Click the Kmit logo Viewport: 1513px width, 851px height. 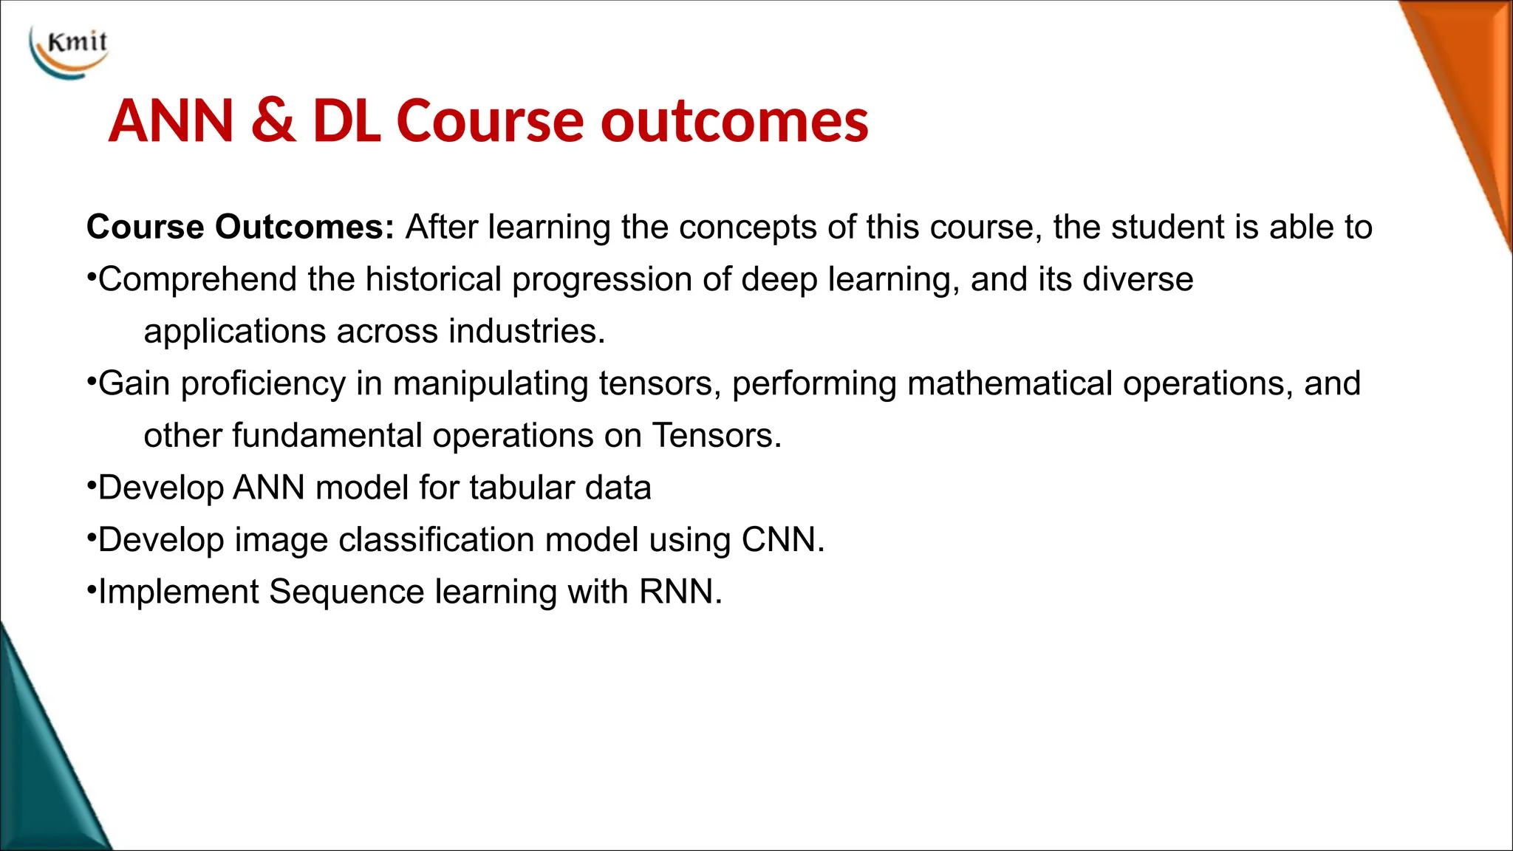69,50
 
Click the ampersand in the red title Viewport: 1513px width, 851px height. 273,120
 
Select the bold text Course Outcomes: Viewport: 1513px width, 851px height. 241,227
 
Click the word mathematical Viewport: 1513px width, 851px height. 1010,383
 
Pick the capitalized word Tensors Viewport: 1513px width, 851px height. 715,436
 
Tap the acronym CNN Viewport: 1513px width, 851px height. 782,540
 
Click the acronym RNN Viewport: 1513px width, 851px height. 679,592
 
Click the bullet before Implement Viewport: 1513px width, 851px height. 92,590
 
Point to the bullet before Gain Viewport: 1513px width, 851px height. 92,382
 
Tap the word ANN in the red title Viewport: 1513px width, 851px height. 172,120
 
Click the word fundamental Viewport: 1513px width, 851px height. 327,436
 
